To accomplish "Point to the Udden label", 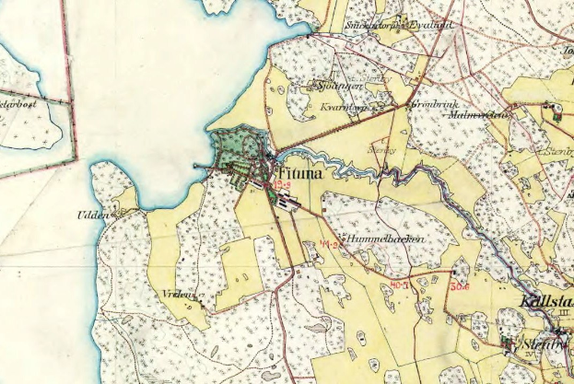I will pos(92,215).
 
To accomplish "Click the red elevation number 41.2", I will pos(330,244).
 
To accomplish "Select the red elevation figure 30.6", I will pos(460,286).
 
